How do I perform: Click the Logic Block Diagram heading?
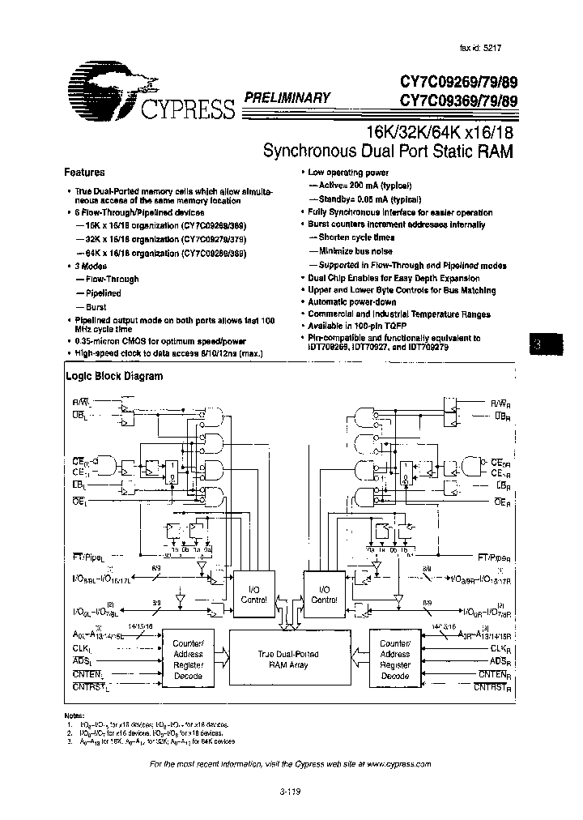(x=113, y=376)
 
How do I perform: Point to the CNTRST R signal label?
(x=504, y=687)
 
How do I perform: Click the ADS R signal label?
(x=499, y=662)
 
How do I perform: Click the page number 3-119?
(x=291, y=792)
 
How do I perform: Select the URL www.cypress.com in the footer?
(x=398, y=764)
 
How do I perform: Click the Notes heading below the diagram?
(x=74, y=716)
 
